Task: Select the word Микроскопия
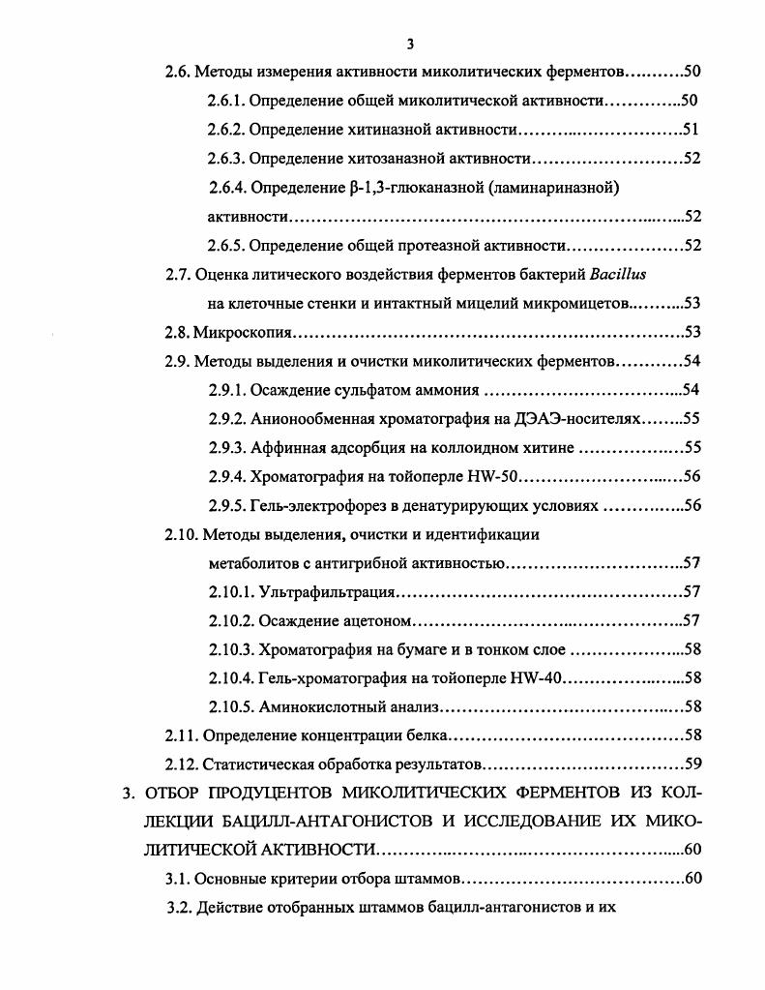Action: (x=243, y=333)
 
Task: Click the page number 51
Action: (x=691, y=130)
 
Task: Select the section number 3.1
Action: (x=178, y=879)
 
